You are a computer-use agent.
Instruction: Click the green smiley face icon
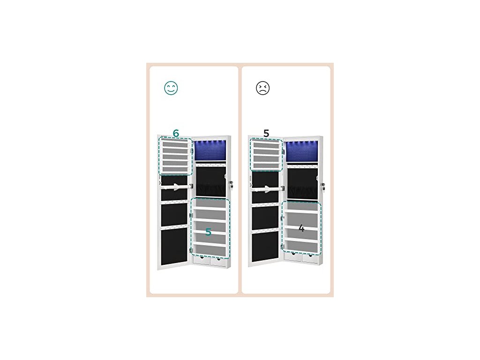pyautogui.click(x=171, y=88)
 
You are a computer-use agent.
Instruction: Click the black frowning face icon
pyautogui.click(x=263, y=88)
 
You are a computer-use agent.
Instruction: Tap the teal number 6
pyautogui.click(x=176, y=133)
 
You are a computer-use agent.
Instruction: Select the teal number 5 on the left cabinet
pyautogui.click(x=209, y=232)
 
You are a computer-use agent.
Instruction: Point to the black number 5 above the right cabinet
pyautogui.click(x=266, y=133)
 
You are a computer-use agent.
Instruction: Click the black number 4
pyautogui.click(x=301, y=229)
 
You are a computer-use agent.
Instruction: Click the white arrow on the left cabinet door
pyautogui.click(x=176, y=187)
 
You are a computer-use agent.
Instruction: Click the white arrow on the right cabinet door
pyautogui.click(x=268, y=189)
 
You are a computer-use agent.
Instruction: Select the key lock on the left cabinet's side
pyautogui.click(x=231, y=184)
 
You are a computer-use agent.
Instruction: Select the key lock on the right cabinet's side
pyautogui.click(x=323, y=186)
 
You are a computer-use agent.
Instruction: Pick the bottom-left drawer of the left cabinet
pyautogui.click(x=202, y=261)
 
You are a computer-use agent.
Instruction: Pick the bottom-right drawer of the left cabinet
pyautogui.click(x=218, y=261)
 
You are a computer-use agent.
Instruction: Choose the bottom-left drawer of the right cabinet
pyautogui.click(x=293, y=257)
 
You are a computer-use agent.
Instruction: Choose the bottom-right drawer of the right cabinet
pyautogui.click(x=309, y=257)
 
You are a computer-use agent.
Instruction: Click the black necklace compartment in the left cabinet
pyautogui.click(x=210, y=180)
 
